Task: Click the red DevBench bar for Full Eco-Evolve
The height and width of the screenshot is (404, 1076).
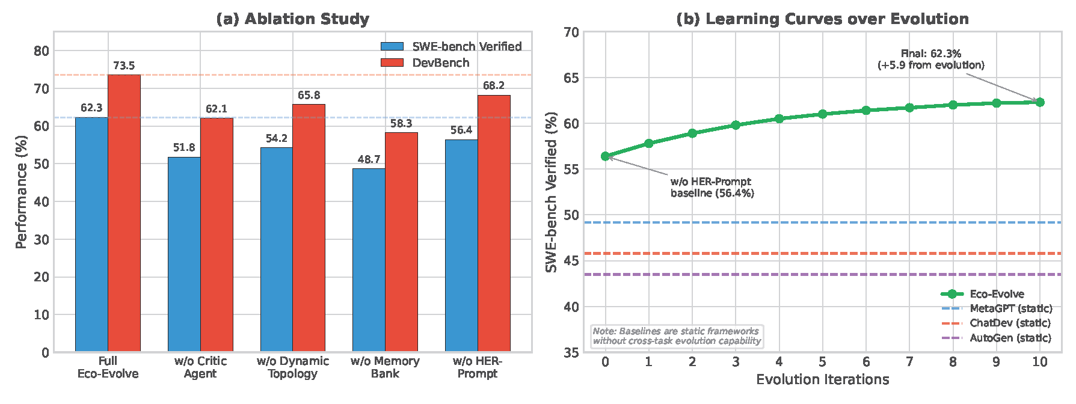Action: [x=124, y=213]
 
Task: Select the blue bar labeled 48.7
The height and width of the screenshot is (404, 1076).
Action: [x=369, y=260]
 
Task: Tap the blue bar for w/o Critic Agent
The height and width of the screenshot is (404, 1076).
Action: [x=184, y=254]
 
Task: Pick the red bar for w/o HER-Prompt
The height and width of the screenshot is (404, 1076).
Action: [x=494, y=223]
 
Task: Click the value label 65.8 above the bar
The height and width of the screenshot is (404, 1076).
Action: [x=309, y=95]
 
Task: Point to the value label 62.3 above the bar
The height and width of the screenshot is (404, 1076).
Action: [x=91, y=108]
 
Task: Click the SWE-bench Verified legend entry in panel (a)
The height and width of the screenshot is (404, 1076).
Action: [x=451, y=46]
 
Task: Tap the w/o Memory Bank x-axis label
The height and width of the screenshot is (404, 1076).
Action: [x=385, y=367]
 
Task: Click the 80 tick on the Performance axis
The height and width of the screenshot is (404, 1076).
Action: [x=42, y=51]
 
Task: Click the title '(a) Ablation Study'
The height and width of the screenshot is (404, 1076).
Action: [x=292, y=19]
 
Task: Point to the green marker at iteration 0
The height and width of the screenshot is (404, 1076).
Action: [x=606, y=156]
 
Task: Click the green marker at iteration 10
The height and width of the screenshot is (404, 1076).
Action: [x=1040, y=102]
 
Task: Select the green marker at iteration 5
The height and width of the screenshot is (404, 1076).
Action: [x=822, y=114]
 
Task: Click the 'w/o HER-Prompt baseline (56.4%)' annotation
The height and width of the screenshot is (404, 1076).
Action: [x=712, y=187]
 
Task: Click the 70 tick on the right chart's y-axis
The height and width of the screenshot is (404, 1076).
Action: [x=572, y=32]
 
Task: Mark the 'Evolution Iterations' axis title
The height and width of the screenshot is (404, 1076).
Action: [x=822, y=379]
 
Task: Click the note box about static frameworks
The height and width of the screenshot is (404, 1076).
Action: [x=677, y=335]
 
